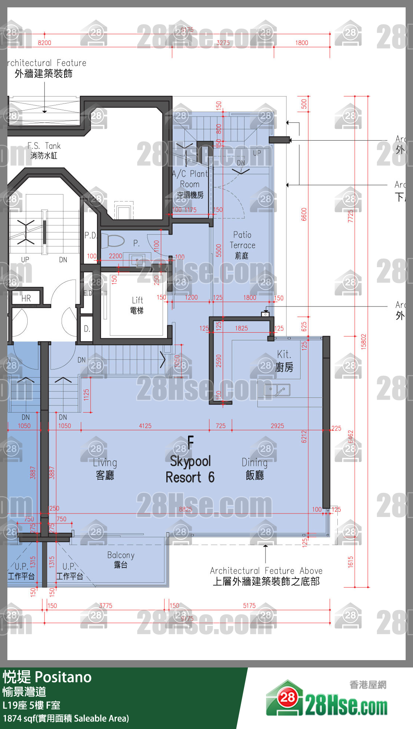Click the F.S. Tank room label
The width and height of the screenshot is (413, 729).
pos(44,150)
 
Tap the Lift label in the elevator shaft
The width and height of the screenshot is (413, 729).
pos(137,305)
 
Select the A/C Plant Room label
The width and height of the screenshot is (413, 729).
pos(190,184)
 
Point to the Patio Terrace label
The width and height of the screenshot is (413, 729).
pos(242,245)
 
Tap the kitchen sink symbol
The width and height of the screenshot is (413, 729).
pos(277,390)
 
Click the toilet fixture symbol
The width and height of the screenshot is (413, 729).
pos(115,241)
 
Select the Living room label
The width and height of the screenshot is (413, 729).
pos(105,468)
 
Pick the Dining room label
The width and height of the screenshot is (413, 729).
pos(254,468)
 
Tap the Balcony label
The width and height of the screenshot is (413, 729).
pos(121,560)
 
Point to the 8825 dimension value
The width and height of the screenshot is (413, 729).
pos(185,509)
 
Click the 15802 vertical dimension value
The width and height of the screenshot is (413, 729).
pos(363,341)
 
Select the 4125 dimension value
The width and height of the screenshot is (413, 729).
pos(145,425)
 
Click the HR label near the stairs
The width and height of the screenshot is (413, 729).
pos(26,298)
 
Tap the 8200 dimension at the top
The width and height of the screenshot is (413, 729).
pos(44,43)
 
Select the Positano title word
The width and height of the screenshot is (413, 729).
pos(63,677)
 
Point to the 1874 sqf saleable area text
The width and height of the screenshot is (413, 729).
pos(66,718)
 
